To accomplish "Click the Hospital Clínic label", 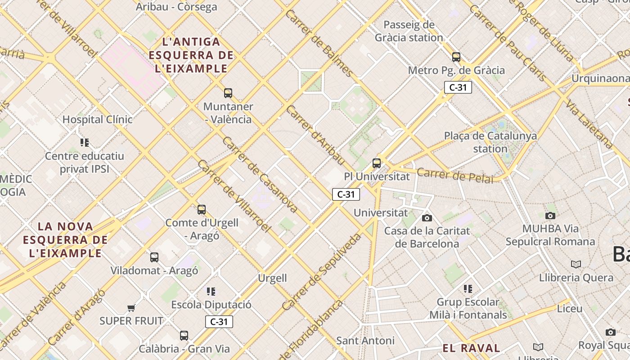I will [97, 119].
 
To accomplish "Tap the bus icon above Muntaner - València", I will [228, 93].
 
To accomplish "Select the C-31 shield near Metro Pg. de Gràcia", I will [458, 87].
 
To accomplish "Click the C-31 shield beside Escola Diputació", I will [219, 321].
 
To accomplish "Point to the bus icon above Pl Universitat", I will [377, 163].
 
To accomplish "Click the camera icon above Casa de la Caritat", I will [427, 218].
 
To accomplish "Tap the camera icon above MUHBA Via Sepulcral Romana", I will [550, 216].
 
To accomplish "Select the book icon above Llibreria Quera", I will [576, 264].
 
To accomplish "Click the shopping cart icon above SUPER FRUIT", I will [131, 308].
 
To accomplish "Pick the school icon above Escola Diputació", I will [211, 292].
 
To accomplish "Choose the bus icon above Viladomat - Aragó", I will [154, 257].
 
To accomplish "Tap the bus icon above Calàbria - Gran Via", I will [184, 335].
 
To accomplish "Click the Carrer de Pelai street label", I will [454, 175].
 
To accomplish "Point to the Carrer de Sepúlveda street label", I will [322, 272].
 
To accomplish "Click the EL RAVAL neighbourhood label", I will [471, 348].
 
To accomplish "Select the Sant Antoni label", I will [365, 340].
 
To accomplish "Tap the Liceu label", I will [569, 309].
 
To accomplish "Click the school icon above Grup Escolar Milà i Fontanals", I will [468, 288].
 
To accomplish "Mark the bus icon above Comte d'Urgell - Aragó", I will [202, 209].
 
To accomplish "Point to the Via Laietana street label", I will [589, 125].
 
